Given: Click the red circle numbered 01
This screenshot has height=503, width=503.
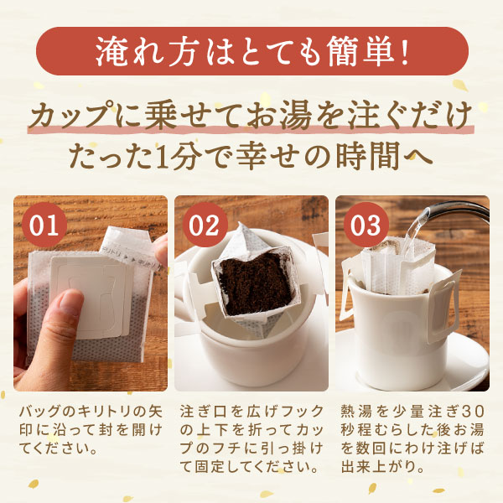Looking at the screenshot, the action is (x=44, y=224).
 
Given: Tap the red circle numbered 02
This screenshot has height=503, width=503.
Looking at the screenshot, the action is (x=205, y=224).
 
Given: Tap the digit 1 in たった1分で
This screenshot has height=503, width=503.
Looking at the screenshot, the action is (x=160, y=156).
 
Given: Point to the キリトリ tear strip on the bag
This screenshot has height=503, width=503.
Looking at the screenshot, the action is (x=128, y=246).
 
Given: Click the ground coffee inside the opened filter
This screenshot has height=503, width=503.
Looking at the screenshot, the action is (x=256, y=285).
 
